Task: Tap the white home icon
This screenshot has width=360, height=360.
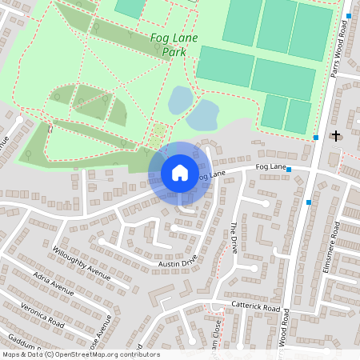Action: coord(180,172)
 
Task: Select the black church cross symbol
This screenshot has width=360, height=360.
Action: coord(336,136)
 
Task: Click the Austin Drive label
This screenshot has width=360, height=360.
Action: coord(178,262)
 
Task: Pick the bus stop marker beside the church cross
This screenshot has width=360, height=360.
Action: coord(317,138)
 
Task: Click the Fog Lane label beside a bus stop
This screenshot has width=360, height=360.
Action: coord(271,166)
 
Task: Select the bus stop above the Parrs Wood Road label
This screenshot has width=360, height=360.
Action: coord(350,15)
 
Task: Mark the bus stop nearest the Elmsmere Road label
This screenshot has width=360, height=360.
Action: coord(309,202)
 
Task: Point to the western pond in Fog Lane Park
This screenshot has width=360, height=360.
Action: coord(180,101)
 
